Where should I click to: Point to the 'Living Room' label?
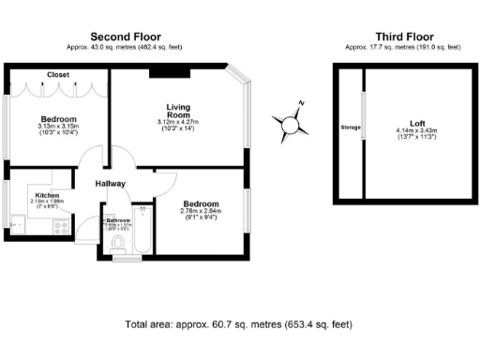point(178,112)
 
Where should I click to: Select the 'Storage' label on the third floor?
point(350,127)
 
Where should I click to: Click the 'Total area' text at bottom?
point(239,324)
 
